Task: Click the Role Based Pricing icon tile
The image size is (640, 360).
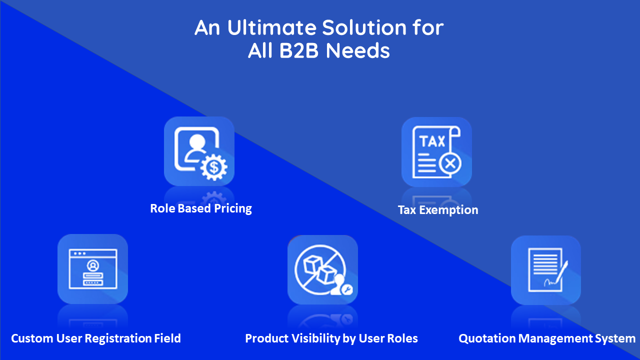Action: (199, 151)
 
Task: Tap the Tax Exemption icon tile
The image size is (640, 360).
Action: (436, 152)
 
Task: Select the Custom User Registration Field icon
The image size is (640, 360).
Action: (92, 268)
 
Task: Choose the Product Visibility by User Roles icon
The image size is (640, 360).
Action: (322, 269)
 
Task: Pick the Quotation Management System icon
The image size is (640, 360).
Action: (545, 270)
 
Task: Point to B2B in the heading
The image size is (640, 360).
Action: (296, 51)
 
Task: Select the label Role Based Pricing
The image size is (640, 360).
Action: (201, 208)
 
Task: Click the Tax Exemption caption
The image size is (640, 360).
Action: (438, 210)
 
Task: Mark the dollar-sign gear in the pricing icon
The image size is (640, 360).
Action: (213, 168)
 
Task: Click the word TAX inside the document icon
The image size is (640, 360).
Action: (432, 141)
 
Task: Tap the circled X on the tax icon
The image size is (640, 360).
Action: (450, 163)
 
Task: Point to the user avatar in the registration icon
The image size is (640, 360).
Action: (92, 264)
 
